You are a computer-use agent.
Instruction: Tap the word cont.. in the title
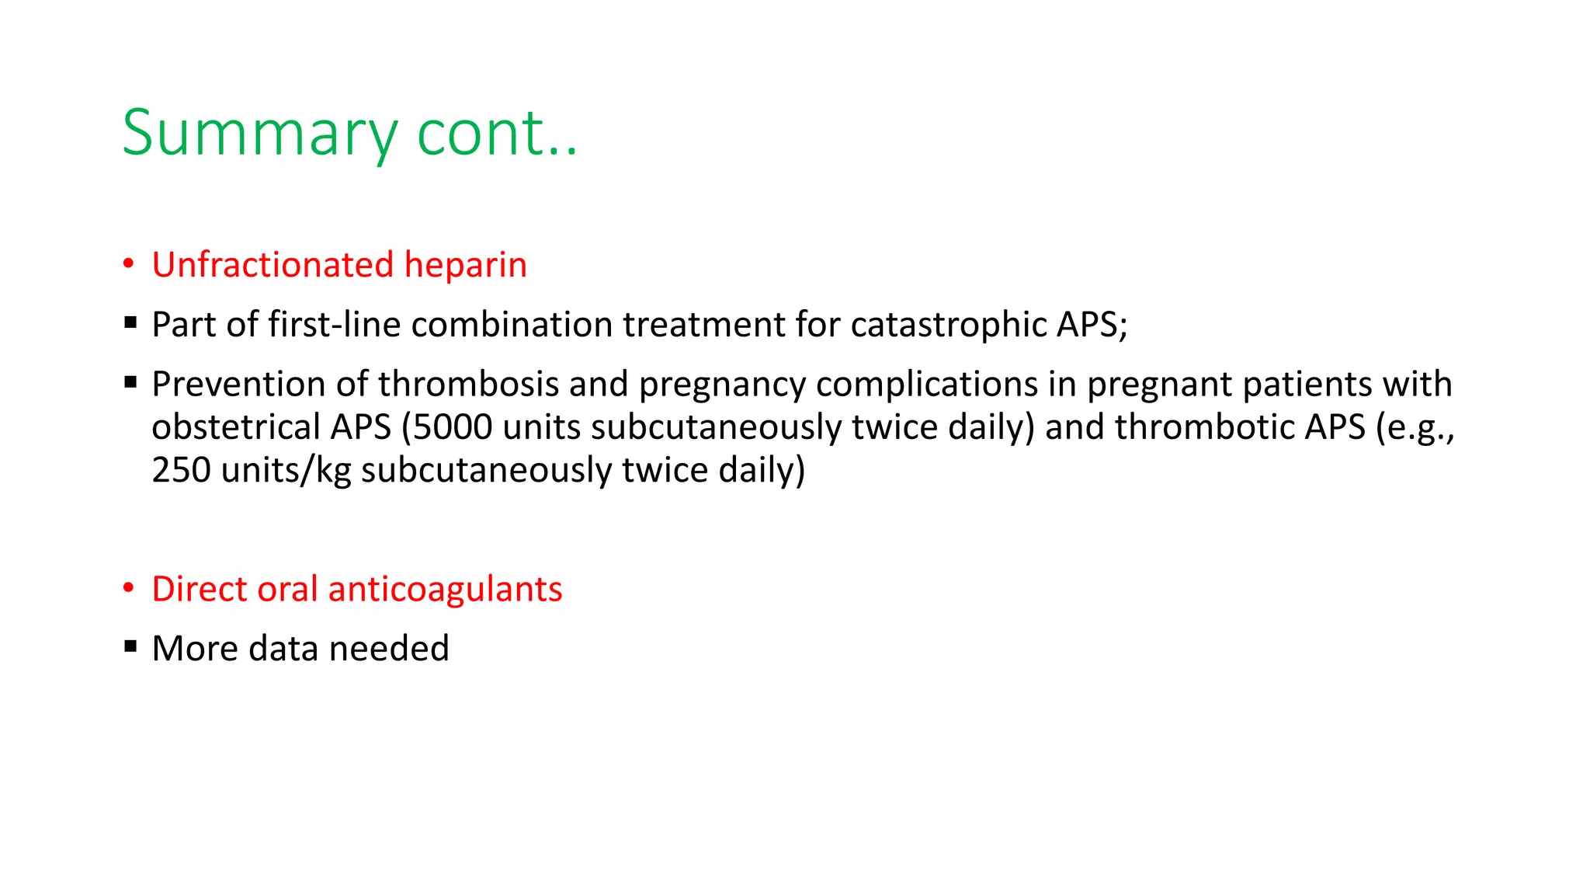click(x=497, y=134)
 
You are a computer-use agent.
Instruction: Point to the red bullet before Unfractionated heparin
click(x=129, y=264)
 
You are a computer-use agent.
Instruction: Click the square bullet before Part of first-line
click(x=130, y=321)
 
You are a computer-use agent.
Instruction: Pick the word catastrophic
click(x=947, y=325)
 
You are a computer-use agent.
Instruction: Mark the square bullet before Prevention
click(x=130, y=381)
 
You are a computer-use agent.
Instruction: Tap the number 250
click(x=181, y=471)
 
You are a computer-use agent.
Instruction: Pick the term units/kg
click(x=286, y=471)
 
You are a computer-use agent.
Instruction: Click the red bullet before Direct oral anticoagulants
click(x=129, y=588)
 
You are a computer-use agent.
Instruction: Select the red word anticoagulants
click(x=445, y=589)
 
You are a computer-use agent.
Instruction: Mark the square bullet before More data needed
click(x=130, y=645)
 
